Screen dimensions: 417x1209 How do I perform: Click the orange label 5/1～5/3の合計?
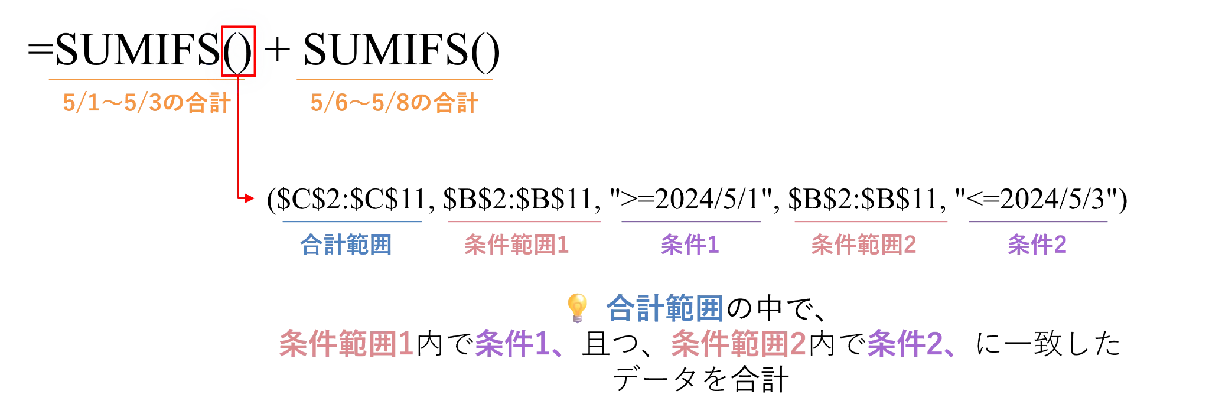click(x=145, y=103)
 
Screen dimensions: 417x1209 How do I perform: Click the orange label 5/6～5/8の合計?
click(x=394, y=103)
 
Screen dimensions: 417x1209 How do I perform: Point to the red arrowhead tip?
click(x=253, y=198)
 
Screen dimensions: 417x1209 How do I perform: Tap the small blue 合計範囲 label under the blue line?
click(x=346, y=244)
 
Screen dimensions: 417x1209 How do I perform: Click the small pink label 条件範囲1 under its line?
click(x=517, y=244)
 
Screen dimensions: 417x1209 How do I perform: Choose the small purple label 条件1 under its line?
click(x=689, y=244)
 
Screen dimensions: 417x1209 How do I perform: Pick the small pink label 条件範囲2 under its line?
click(x=862, y=244)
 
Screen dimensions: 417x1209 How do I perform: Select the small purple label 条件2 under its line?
click(x=1037, y=244)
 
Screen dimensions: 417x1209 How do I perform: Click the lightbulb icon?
click(x=578, y=308)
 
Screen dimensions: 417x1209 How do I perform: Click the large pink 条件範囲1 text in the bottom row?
click(x=347, y=344)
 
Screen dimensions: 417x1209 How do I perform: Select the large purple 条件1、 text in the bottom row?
click(x=517, y=344)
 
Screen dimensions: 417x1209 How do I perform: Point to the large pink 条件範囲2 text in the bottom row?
click(x=739, y=344)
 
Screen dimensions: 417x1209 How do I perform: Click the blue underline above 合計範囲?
click(x=351, y=222)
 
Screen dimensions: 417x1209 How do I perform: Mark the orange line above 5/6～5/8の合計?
click(x=394, y=78)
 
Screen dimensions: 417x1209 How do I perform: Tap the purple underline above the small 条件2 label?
click(x=1039, y=222)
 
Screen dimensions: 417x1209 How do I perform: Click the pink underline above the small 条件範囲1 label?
click(x=524, y=222)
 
